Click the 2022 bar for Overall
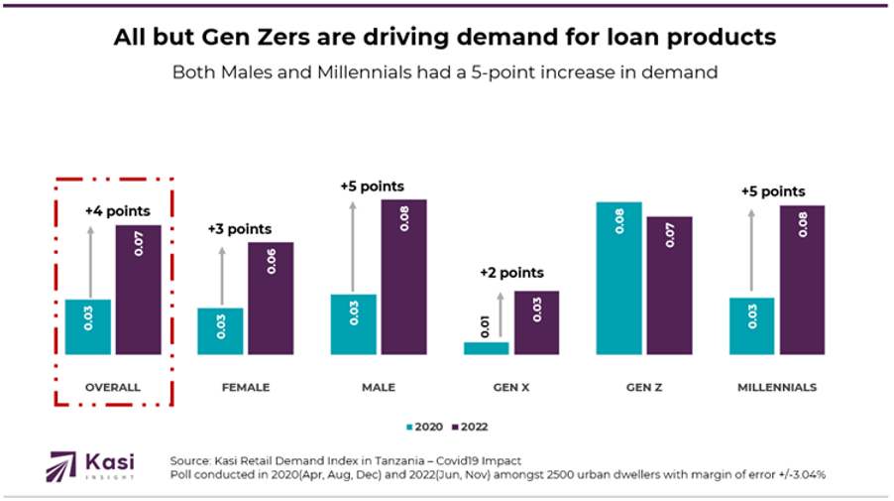coord(138,290)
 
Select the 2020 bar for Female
coord(220,330)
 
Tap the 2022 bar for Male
coord(403,277)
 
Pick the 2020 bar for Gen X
coord(486,348)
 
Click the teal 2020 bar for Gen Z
coord(618,278)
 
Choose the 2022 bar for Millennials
coord(802,280)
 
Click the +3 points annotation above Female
coord(239,229)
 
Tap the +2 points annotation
coord(511,273)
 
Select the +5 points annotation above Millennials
coord(773,191)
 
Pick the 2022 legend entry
coord(470,427)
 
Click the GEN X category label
coord(511,387)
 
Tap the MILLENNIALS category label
coord(777,387)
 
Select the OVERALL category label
coord(113,387)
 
